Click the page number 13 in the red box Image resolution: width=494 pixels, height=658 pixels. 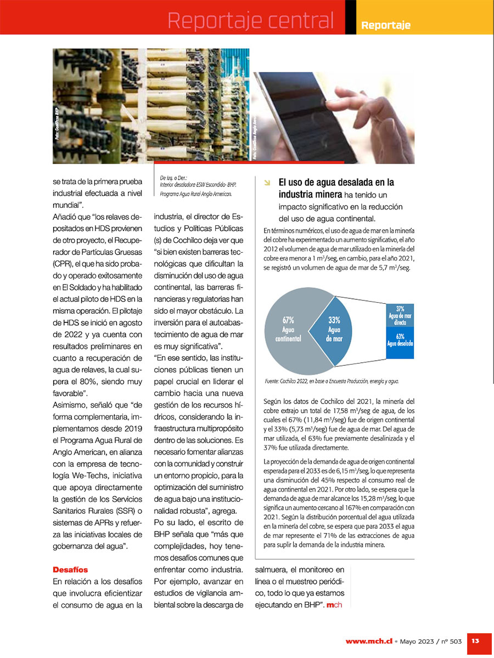[x=475, y=640]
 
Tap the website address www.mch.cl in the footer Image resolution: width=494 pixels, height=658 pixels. [x=367, y=640]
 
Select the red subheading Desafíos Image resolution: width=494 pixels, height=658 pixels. [x=70, y=569]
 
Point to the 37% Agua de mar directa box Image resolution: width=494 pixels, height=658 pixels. [x=400, y=316]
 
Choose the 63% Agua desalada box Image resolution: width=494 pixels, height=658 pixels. [x=400, y=340]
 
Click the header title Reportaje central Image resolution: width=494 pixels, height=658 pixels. [x=250, y=21]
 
